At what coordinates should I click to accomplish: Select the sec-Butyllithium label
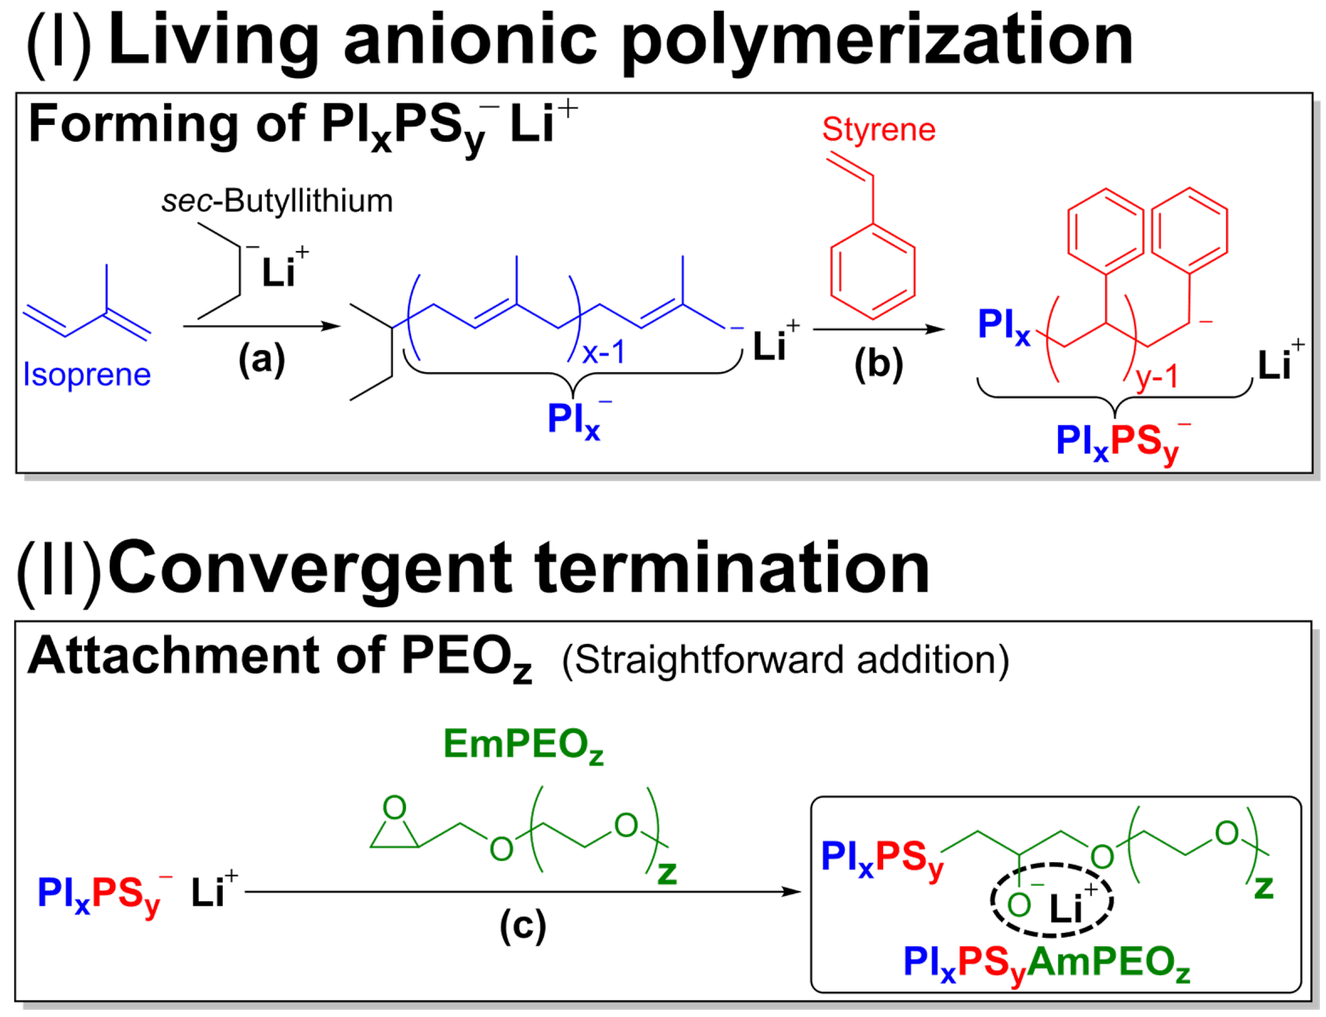point(277,202)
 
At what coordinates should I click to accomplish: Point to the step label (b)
point(879,364)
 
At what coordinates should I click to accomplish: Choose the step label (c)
point(522,926)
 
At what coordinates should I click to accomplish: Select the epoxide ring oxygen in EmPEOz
point(395,807)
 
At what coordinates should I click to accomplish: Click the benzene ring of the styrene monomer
point(873,271)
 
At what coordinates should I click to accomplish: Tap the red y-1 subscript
point(1157,377)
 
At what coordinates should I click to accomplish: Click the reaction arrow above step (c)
point(523,892)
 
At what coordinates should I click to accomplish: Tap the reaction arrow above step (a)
point(262,326)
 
